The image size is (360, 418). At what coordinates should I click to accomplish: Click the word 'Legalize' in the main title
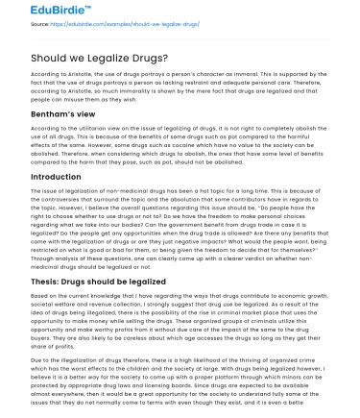tap(105, 58)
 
